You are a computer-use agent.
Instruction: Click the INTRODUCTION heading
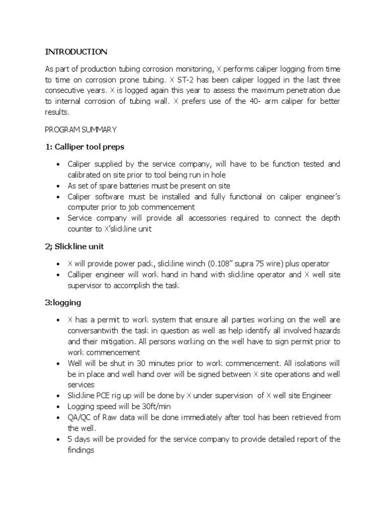[x=76, y=52]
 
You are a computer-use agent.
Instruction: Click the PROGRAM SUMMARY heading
[x=80, y=130]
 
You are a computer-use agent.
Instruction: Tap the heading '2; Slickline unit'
[x=74, y=246]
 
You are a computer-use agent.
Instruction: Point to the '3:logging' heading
[x=63, y=303]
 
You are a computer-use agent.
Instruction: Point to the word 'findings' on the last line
[x=82, y=450]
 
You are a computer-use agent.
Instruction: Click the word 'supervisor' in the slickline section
[x=84, y=286]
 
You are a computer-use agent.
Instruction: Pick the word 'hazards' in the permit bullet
[x=327, y=331]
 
